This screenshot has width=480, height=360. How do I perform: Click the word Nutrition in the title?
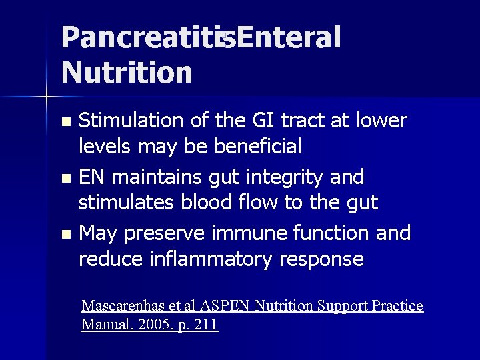coord(127,71)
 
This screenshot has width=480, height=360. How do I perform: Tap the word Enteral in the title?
coord(288,38)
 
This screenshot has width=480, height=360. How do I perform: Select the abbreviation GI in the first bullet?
coord(264,121)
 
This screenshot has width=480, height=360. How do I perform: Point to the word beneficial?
coord(258,145)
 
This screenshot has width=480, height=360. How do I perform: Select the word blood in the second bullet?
coord(203,202)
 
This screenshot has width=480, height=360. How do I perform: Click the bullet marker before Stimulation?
coord(65,122)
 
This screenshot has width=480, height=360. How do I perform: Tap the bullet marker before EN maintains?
coord(65,179)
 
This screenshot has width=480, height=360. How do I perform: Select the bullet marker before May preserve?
coord(65,235)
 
